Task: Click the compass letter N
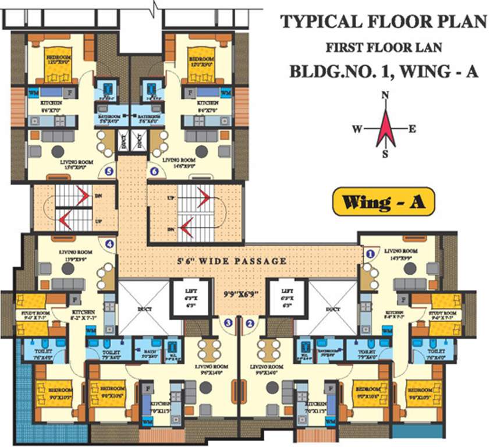pyautogui.click(x=384, y=95)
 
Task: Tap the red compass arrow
pyautogui.click(x=385, y=127)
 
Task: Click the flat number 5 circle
pyautogui.click(x=108, y=171)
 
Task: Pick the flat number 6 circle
pyautogui.click(x=154, y=171)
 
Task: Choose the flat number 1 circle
pyautogui.click(x=369, y=253)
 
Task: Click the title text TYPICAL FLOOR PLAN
pyautogui.click(x=384, y=22)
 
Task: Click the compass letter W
pyautogui.click(x=357, y=129)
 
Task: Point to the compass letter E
pyautogui.click(x=412, y=129)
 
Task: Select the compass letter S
pyautogui.click(x=385, y=154)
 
